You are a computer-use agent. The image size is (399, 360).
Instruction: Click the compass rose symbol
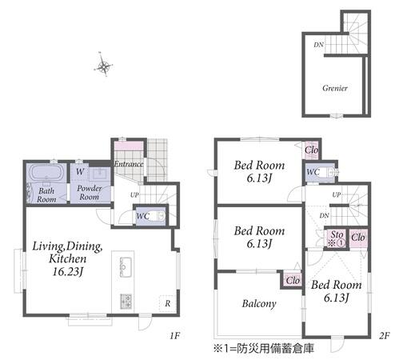tap(103, 65)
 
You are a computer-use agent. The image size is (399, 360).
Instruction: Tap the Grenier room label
tap(335, 88)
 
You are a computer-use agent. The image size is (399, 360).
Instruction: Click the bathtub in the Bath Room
tap(47, 173)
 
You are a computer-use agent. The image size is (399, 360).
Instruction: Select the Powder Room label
tap(90, 193)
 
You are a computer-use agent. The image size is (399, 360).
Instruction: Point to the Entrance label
tap(129, 164)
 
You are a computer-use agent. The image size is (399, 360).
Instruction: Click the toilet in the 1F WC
tap(159, 216)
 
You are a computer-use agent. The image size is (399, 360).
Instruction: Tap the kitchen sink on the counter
tap(126, 267)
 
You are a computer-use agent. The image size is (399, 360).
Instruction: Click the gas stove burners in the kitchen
tap(126, 302)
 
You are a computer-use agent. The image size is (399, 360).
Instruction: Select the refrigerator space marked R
tap(167, 303)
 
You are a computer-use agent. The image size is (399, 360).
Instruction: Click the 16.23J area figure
tap(68, 272)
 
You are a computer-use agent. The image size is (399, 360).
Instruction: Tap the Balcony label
tap(259, 304)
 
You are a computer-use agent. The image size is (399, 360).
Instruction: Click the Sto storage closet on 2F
tap(337, 238)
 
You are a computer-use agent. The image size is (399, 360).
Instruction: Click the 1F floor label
tap(175, 335)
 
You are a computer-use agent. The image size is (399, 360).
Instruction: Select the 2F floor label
tap(385, 335)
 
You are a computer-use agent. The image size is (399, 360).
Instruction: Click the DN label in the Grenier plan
tap(318, 45)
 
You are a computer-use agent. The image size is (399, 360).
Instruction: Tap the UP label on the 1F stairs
tap(134, 195)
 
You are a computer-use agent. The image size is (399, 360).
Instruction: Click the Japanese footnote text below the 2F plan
tap(264, 348)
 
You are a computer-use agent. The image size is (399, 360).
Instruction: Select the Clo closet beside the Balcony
tap(293, 280)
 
